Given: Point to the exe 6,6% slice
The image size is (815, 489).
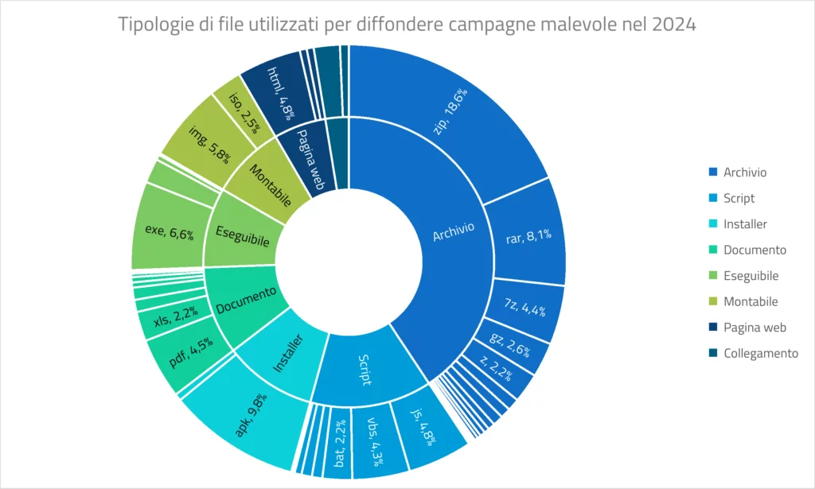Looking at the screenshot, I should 167,231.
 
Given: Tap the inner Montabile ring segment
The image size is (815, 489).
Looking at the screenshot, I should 267,182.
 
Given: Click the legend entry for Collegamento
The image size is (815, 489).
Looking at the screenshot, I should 760,353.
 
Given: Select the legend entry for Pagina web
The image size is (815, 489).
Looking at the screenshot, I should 755,328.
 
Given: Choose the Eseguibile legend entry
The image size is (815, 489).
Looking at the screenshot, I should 751,276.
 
